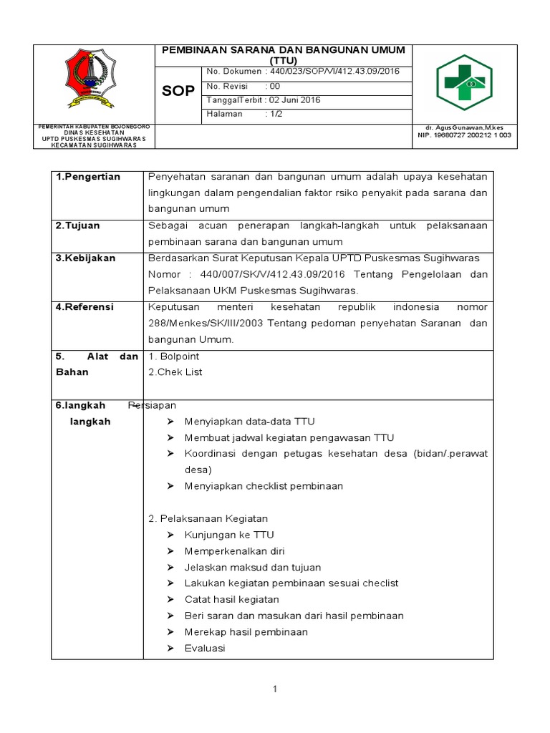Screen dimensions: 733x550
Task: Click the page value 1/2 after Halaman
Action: point(276,114)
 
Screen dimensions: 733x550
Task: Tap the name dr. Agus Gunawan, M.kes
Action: point(463,127)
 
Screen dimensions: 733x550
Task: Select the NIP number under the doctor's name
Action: point(464,135)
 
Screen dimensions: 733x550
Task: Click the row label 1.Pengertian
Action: point(88,177)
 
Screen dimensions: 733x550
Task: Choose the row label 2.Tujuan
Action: point(78,225)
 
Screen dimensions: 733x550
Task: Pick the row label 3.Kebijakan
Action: point(85,258)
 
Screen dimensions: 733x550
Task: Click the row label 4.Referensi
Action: point(85,306)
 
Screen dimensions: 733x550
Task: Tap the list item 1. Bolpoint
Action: point(173,356)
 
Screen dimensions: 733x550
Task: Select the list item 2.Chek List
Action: point(175,372)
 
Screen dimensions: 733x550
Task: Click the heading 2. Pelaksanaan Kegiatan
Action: point(207,518)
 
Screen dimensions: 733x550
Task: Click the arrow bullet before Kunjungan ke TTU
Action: point(170,535)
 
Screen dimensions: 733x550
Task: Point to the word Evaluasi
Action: point(205,648)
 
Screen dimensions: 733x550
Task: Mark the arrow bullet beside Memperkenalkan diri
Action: point(170,551)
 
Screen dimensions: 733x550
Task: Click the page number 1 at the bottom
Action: point(274,689)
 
